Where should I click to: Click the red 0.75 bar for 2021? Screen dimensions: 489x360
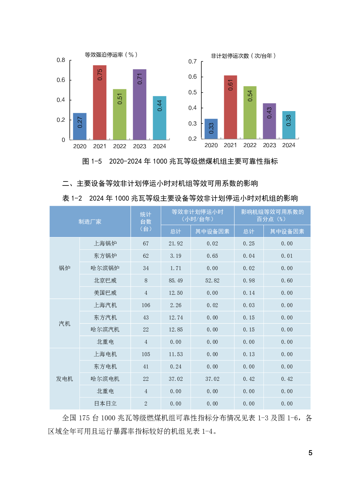[99, 102]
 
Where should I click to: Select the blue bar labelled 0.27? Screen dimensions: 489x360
[80, 126]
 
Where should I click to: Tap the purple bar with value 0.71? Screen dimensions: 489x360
[139, 105]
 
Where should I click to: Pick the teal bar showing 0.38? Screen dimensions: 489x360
[289, 125]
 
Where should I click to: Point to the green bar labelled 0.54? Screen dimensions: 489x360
[250, 113]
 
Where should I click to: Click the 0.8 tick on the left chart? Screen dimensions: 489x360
[61, 60]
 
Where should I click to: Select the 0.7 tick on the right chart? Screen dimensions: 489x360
[192, 62]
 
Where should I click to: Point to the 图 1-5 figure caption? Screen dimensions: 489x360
[180, 161]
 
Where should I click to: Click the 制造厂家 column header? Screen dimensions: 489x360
[90, 222]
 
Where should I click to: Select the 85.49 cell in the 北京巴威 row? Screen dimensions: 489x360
[176, 281]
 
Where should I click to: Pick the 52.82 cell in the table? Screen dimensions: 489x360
[212, 281]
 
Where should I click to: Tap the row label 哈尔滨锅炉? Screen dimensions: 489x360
[105, 268]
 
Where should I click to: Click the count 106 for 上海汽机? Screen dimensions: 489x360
[146, 305]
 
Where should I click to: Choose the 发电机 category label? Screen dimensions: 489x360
[65, 379]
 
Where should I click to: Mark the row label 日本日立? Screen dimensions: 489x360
[105, 404]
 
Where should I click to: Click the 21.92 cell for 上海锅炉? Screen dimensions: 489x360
[176, 244]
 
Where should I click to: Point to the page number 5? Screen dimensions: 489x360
[310, 453]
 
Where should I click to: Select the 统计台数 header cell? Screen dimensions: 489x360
[146, 222]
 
